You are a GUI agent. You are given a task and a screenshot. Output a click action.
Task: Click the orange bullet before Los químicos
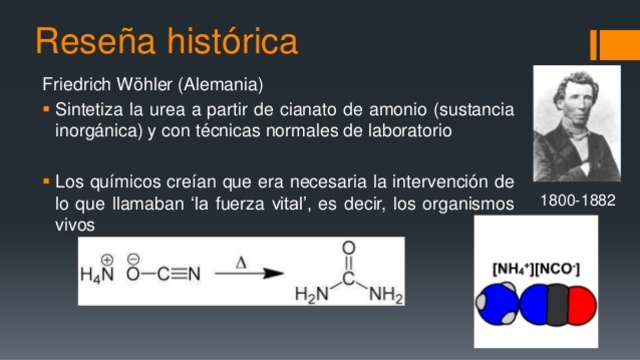pyautogui.click(x=47, y=183)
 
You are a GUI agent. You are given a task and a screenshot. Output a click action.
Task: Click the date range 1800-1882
pyautogui.click(x=577, y=201)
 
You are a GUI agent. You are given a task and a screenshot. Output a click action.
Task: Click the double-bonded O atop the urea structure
pyautogui.click(x=348, y=246)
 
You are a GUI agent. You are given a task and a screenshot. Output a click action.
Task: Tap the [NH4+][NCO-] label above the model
pyautogui.click(x=536, y=265)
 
